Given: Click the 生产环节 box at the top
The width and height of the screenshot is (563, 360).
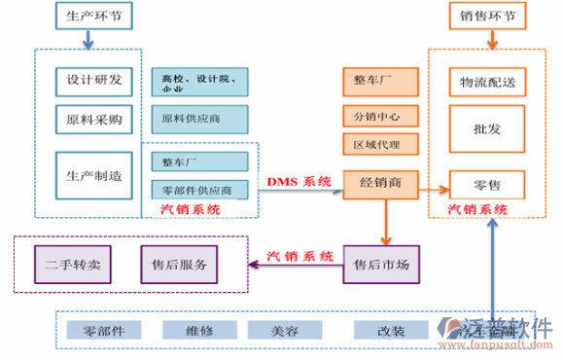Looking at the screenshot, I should [88, 16].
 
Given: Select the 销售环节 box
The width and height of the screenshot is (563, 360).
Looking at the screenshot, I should [493, 16].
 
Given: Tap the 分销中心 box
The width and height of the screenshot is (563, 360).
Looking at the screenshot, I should [380, 117].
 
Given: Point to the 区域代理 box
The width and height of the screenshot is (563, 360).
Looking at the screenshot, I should [380, 145].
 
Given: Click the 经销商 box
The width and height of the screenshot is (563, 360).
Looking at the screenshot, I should [380, 183].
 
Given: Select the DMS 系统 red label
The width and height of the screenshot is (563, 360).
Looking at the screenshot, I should [299, 182].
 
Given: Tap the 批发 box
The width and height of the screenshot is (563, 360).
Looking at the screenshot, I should [487, 128].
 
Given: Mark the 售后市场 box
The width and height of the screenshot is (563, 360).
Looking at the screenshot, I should [380, 264].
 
